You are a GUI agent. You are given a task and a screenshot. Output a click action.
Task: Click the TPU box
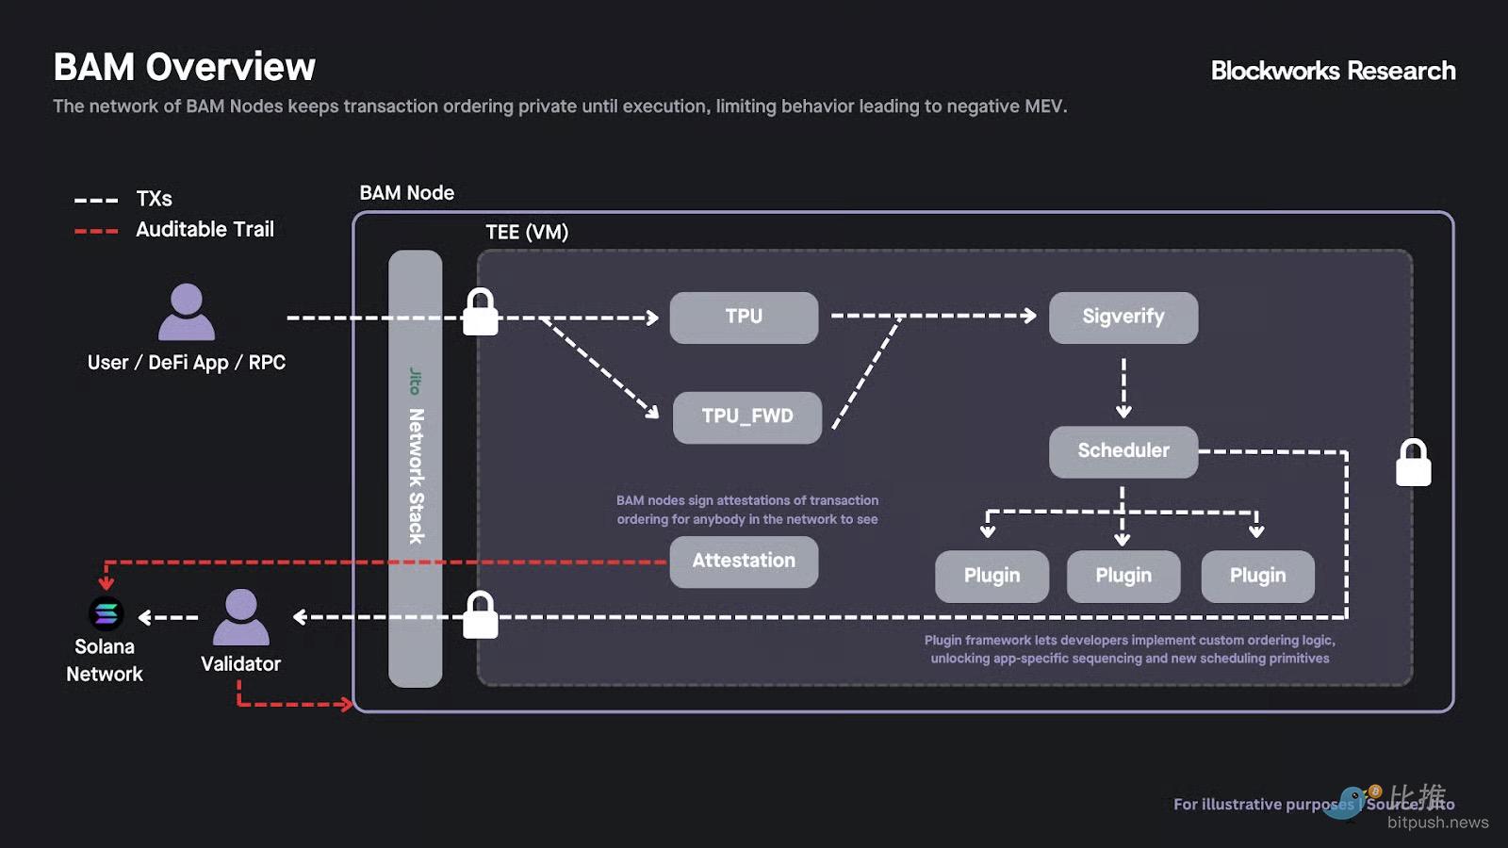click(x=744, y=318)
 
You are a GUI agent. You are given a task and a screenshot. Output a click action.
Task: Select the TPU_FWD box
click(x=746, y=416)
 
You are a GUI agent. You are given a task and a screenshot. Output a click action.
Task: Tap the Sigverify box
click(x=1123, y=318)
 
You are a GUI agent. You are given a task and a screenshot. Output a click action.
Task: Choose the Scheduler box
click(x=1123, y=451)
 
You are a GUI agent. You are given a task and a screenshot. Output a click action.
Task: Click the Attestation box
click(x=744, y=562)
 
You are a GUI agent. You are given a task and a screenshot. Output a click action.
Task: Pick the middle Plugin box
click(x=1123, y=576)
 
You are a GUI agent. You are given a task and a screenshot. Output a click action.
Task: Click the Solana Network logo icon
click(x=106, y=613)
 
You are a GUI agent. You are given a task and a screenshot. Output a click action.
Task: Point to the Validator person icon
click(x=241, y=617)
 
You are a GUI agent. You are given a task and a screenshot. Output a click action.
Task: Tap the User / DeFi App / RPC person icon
click(x=187, y=312)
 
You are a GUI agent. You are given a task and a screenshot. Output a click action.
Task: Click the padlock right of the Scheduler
click(x=1413, y=463)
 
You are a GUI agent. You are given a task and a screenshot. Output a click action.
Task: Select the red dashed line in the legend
click(x=96, y=231)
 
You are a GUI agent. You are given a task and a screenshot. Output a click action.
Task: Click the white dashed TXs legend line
click(x=96, y=200)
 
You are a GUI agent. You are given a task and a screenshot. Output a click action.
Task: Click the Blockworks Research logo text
click(x=1333, y=71)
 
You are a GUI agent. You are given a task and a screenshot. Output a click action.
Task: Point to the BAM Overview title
click(x=185, y=67)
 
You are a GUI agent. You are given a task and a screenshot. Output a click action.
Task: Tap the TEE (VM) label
click(x=527, y=232)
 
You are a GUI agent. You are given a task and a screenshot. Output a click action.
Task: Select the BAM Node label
click(x=406, y=193)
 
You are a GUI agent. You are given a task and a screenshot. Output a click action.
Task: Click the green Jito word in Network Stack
click(x=415, y=382)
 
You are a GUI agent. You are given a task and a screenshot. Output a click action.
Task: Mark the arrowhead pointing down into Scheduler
click(x=1123, y=412)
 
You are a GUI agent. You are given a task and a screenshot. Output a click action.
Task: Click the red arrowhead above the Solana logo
click(x=107, y=583)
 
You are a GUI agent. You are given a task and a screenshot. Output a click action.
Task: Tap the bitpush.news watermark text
click(x=1437, y=823)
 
